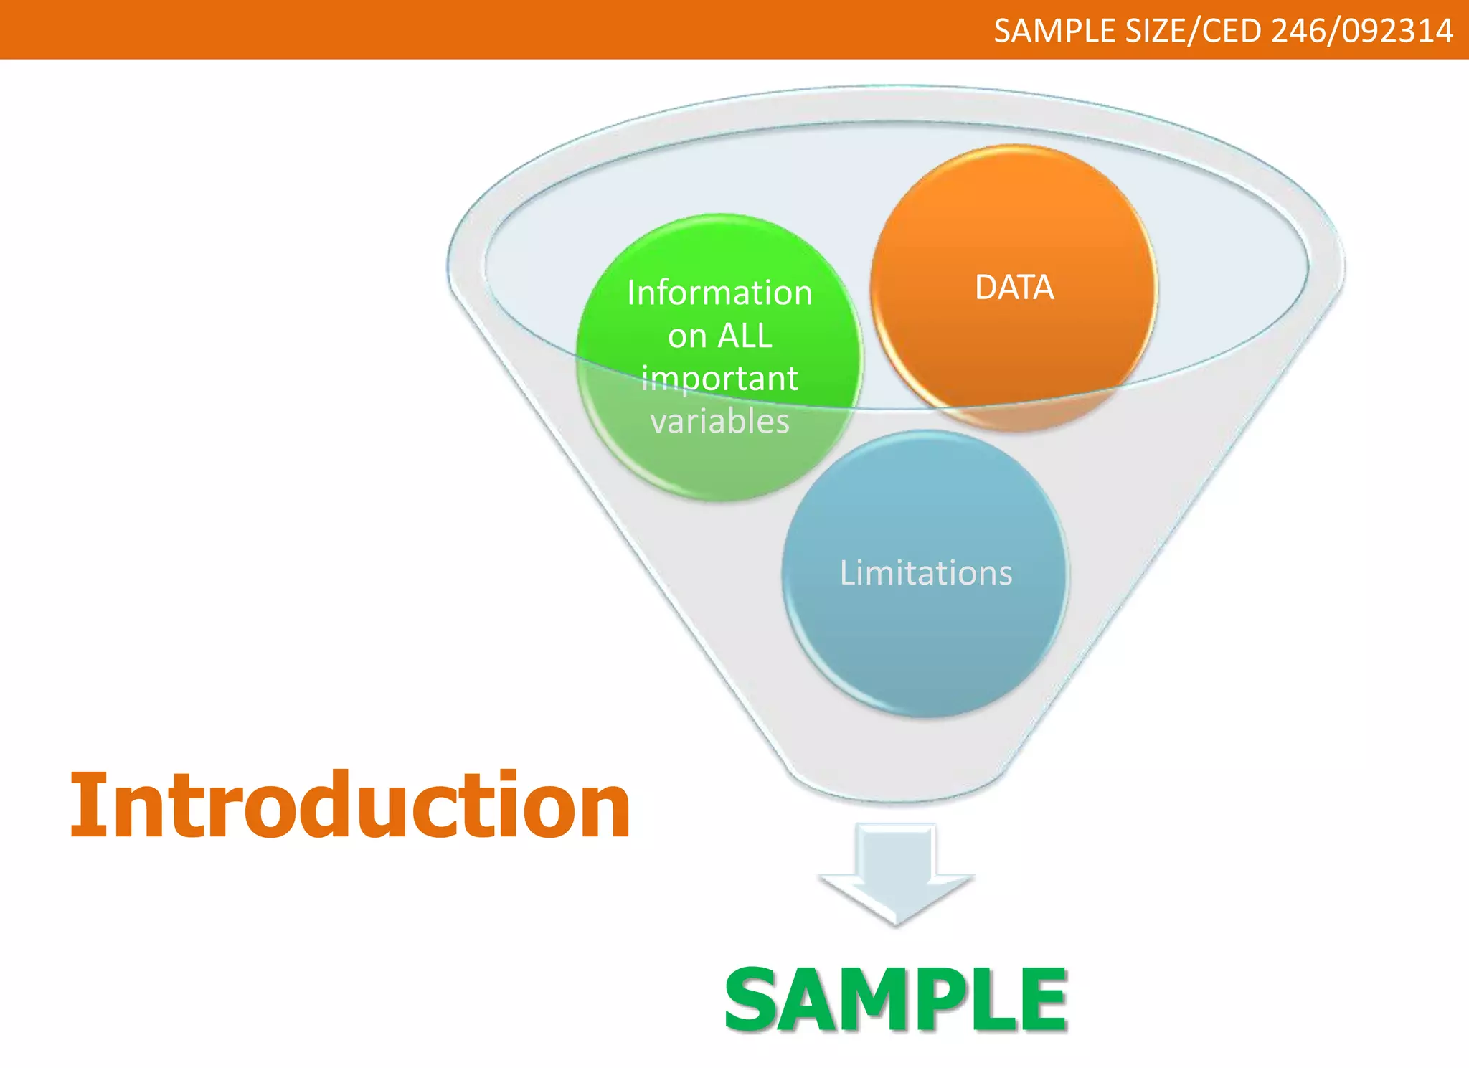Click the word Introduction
(x=350, y=805)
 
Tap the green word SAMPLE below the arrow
(x=897, y=998)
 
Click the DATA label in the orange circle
(x=1014, y=288)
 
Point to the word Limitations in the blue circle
(x=926, y=573)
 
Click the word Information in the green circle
(x=719, y=293)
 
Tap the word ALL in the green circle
(x=745, y=336)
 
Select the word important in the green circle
(x=719, y=379)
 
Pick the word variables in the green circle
(x=719, y=421)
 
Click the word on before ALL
(x=687, y=336)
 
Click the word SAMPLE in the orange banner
(x=1054, y=31)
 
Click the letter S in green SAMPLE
(x=753, y=999)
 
